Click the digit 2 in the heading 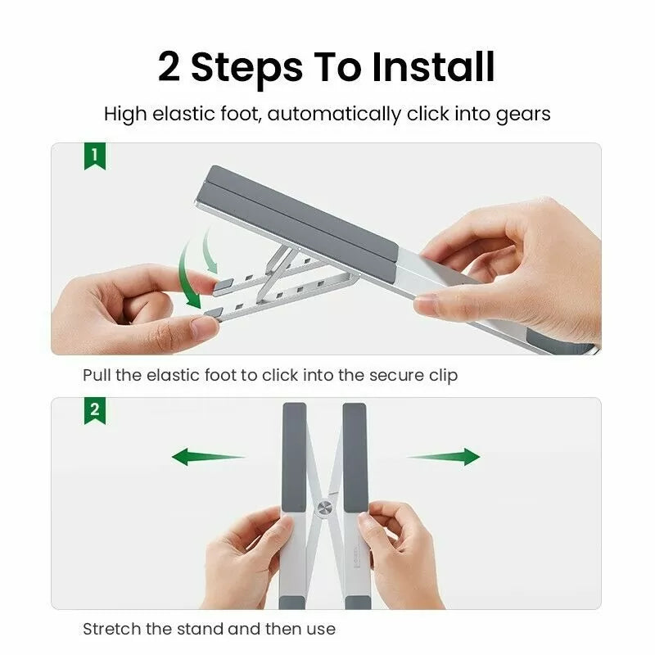click(x=169, y=67)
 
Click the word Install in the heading click(x=433, y=67)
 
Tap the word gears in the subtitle click(x=523, y=114)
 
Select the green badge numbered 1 click(x=95, y=156)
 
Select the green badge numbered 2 click(x=95, y=410)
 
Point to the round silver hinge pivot click(x=324, y=508)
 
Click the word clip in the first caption click(x=441, y=376)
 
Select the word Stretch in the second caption click(x=111, y=630)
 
